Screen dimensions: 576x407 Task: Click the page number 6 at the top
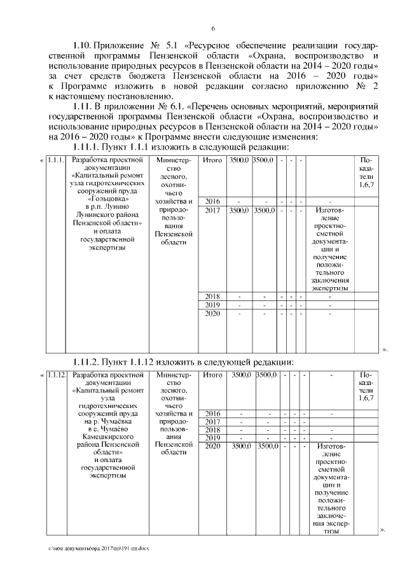pyautogui.click(x=213, y=29)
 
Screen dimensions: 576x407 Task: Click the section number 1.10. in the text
pyautogui.click(x=83, y=47)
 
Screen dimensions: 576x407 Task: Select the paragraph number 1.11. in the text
pyautogui.click(x=83, y=106)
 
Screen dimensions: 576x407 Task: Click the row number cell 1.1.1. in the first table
pyautogui.click(x=57, y=160)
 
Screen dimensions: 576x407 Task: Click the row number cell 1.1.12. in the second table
pyautogui.click(x=57, y=375)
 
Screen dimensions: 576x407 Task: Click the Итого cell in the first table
pyautogui.click(x=212, y=160)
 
